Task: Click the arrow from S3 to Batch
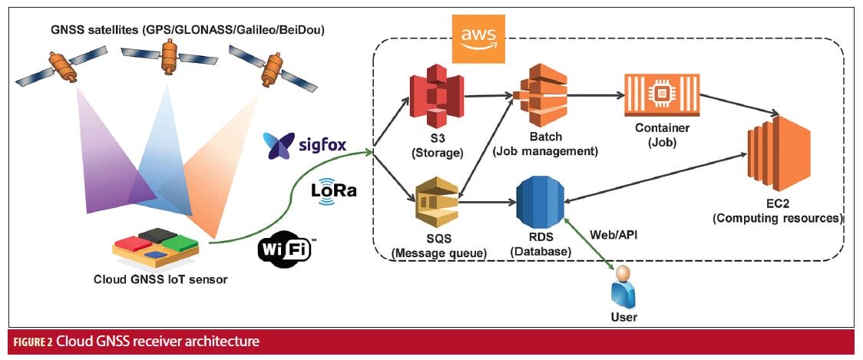[x=489, y=97]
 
